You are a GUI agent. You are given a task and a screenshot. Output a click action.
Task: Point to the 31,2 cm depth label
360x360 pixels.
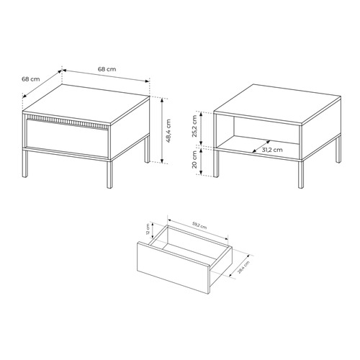pyautogui.click(x=271, y=150)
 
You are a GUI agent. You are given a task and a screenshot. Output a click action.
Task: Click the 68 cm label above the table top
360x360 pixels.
pyautogui.click(x=106, y=68)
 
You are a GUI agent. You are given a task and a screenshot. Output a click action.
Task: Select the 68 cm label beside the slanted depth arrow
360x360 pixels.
pyautogui.click(x=30, y=78)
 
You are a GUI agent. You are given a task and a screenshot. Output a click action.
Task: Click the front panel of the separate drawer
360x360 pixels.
pyautogui.click(x=172, y=269)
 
